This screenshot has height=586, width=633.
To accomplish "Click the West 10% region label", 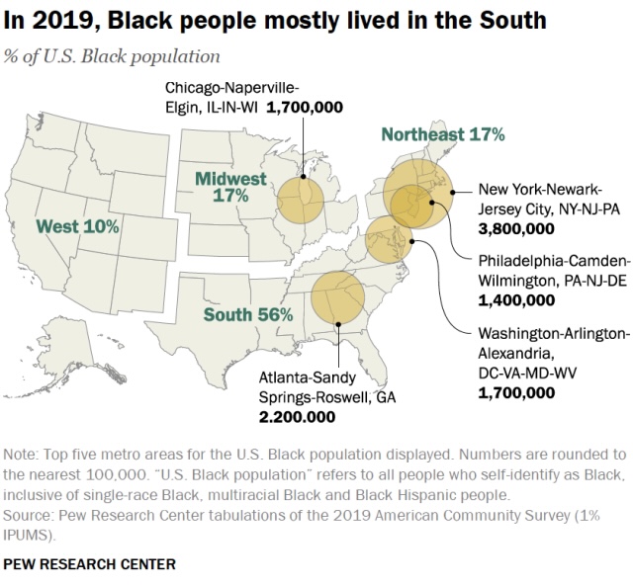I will (x=77, y=227).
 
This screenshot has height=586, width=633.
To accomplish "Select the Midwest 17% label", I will (x=230, y=187).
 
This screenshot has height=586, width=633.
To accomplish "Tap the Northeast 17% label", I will (x=443, y=134).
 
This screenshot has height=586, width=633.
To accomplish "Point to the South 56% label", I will (x=248, y=315).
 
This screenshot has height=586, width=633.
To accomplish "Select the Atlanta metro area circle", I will (x=338, y=298).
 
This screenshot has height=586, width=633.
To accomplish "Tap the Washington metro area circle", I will (x=389, y=239).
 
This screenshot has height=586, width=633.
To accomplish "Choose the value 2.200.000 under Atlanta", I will (x=297, y=416).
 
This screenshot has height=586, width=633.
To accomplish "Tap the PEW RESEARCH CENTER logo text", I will (x=90, y=564).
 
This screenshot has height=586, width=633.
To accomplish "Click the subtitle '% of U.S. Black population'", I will (x=113, y=56).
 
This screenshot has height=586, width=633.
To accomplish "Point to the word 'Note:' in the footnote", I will (x=22, y=455).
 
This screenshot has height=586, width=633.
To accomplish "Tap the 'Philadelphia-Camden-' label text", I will (x=553, y=261).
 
